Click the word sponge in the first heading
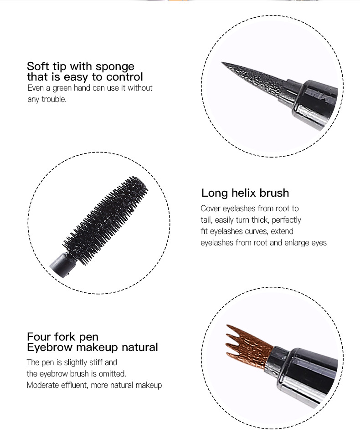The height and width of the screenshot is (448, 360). pyautogui.click(x=115, y=67)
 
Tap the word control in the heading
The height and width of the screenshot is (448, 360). pyautogui.click(x=125, y=77)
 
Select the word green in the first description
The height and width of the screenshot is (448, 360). pyautogui.click(x=62, y=88)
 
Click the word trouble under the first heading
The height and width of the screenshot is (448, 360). pyautogui.click(x=54, y=99)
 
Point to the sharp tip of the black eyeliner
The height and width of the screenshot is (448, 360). pyautogui.click(x=222, y=62)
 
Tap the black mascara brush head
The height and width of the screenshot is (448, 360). pyautogui.click(x=106, y=220)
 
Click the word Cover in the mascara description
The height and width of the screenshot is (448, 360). pyautogui.click(x=211, y=209)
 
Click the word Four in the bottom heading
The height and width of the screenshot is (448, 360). pyautogui.click(x=39, y=336)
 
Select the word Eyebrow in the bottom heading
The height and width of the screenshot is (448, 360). pyautogui.click(x=50, y=347)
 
